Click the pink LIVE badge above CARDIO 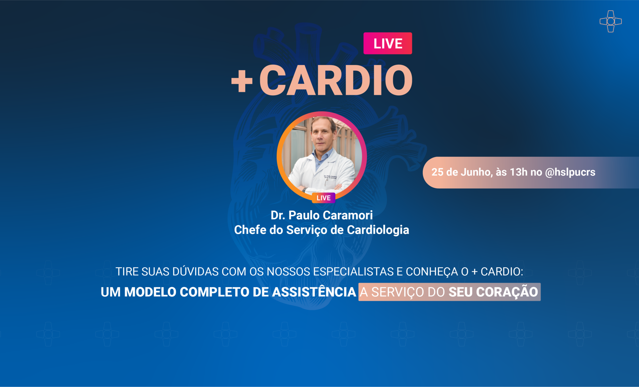[388, 43]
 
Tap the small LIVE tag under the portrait [323, 198]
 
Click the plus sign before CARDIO [242, 81]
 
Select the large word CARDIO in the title [336, 80]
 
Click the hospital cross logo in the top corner [611, 21]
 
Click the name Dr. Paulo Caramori [321, 215]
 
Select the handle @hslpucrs [570, 172]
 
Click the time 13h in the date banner [519, 172]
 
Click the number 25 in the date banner [437, 172]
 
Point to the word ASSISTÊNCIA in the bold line [314, 292]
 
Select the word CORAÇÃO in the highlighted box [507, 292]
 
